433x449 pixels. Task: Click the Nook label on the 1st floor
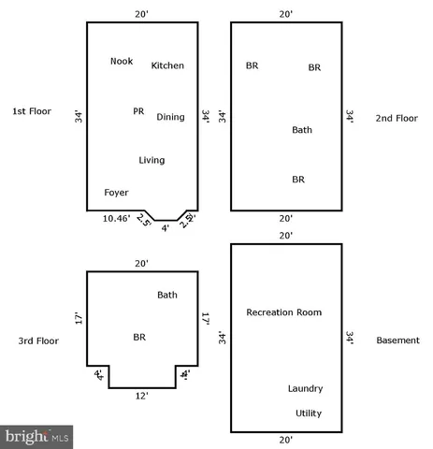pyautogui.click(x=122, y=61)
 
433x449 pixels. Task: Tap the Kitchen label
pyautogui.click(x=167, y=65)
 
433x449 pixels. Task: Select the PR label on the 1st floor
pyautogui.click(x=138, y=110)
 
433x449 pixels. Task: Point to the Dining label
pyautogui.click(x=170, y=117)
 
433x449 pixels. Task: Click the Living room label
pyautogui.click(x=152, y=160)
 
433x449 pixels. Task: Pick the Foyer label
pyautogui.click(x=116, y=192)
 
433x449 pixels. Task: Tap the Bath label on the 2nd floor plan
pyautogui.click(x=302, y=130)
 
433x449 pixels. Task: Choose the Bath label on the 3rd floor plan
pyautogui.click(x=167, y=295)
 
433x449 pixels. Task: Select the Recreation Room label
pyautogui.click(x=283, y=311)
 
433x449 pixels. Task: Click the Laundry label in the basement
pyautogui.click(x=306, y=388)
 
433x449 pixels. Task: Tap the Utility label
pyautogui.click(x=309, y=412)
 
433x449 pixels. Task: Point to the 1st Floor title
pyautogui.click(x=31, y=112)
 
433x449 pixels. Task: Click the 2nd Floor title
pyautogui.click(x=397, y=118)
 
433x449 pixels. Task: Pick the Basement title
pyautogui.click(x=398, y=340)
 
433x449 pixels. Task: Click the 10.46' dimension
pyautogui.click(x=116, y=219)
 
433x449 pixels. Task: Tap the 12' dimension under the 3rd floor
pyautogui.click(x=141, y=397)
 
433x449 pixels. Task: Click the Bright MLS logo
pyautogui.click(x=37, y=435)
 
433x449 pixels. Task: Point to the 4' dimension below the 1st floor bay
pyautogui.click(x=166, y=227)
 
